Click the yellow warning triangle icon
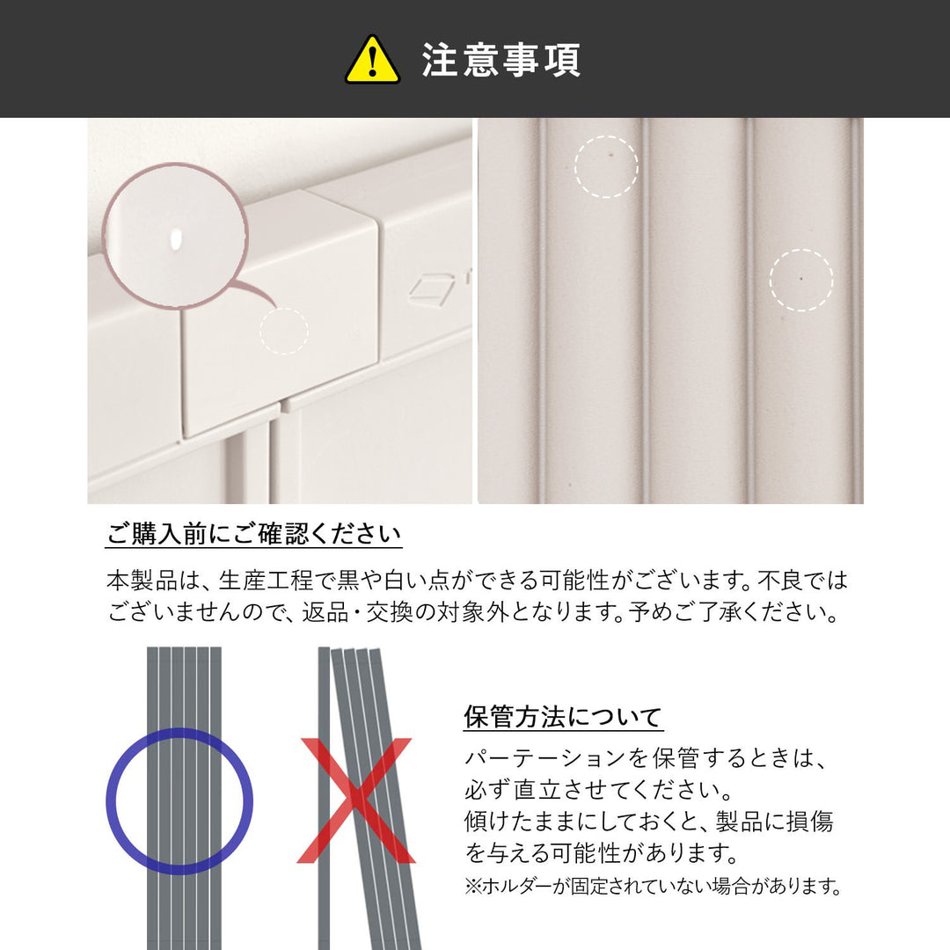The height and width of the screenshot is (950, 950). (x=372, y=60)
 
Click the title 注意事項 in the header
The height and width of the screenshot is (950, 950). (x=501, y=60)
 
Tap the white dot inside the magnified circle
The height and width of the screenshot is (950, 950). (x=176, y=238)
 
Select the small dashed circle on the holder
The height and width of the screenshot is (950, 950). (x=284, y=331)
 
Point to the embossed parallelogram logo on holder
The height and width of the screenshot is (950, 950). (x=431, y=289)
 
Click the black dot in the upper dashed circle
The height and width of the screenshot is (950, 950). (x=610, y=155)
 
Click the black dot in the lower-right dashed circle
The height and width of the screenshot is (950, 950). (x=801, y=279)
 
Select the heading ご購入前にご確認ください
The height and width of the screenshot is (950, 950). (x=254, y=534)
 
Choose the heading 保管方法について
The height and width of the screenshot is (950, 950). (x=563, y=717)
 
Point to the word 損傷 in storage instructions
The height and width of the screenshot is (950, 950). (x=809, y=822)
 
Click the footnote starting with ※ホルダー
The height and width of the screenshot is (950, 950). (x=653, y=887)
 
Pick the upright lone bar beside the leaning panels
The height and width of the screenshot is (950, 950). (x=324, y=799)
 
